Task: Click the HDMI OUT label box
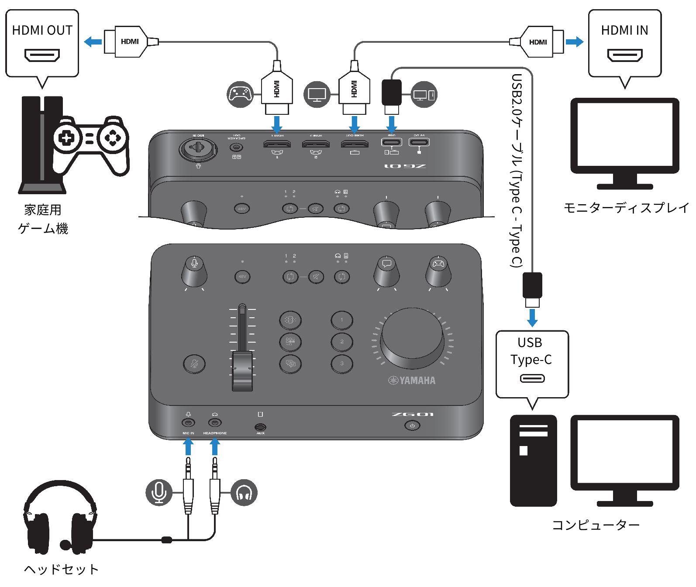point(42,43)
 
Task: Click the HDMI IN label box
point(624,43)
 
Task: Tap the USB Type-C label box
point(532,364)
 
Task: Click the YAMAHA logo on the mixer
point(412,381)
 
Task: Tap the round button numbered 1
point(341,320)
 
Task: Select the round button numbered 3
point(341,364)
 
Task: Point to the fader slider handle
point(242,371)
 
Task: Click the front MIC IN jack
point(188,422)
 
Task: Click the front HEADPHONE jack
point(215,422)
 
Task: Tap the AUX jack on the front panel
point(260,427)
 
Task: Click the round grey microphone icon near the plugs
point(159,492)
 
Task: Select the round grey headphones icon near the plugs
point(244,492)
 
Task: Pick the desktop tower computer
point(533,460)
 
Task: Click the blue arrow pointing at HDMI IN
point(574,42)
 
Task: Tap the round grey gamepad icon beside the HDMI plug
point(240,94)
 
